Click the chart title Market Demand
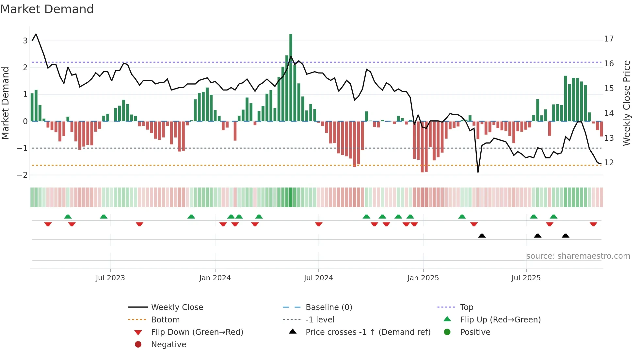pos(47,9)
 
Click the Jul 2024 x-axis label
pos(318,278)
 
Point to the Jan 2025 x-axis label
pos(423,278)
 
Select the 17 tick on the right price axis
pos(609,39)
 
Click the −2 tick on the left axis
pos(22,175)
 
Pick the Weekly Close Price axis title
pos(626,103)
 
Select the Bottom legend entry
pos(165,320)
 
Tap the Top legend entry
pos(467,307)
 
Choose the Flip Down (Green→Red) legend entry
pos(197,332)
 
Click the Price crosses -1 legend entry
pos(368,332)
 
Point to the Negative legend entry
pos(168,345)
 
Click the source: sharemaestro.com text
pos(578,256)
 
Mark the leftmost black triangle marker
pos(482,236)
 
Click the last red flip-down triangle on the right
pos(593,224)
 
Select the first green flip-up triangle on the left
pos(68,217)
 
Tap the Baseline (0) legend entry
pos(329,307)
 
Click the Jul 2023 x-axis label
pos(110,278)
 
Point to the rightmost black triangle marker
pos(566,236)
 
